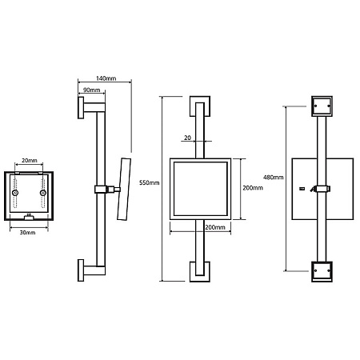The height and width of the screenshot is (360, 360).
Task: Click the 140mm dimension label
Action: click(x=106, y=78)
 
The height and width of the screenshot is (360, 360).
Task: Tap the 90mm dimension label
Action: click(x=91, y=90)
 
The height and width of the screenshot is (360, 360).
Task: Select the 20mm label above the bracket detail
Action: click(x=30, y=161)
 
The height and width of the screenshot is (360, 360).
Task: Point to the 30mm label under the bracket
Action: click(x=27, y=233)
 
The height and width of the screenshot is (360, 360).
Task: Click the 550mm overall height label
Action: click(x=150, y=182)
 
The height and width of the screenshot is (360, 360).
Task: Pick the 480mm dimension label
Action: click(x=274, y=177)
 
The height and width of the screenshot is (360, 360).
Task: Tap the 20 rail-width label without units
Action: click(x=187, y=138)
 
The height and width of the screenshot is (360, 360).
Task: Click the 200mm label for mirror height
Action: click(x=253, y=188)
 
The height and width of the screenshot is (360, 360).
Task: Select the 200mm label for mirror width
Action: click(x=215, y=227)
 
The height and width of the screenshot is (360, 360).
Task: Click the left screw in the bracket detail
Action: click(x=15, y=193)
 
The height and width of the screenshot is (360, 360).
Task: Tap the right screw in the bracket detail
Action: click(x=43, y=193)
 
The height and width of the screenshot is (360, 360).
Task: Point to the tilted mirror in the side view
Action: click(x=124, y=189)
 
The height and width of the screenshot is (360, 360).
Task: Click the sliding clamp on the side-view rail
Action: click(x=101, y=190)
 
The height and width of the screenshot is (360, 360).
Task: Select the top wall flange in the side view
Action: click(x=81, y=107)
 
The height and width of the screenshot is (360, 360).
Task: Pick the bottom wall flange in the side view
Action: click(x=81, y=270)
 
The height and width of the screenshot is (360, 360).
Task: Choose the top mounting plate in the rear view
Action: click(x=322, y=106)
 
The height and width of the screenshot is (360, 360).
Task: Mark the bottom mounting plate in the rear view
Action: click(x=322, y=272)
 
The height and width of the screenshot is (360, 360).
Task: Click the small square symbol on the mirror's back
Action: click(x=302, y=189)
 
